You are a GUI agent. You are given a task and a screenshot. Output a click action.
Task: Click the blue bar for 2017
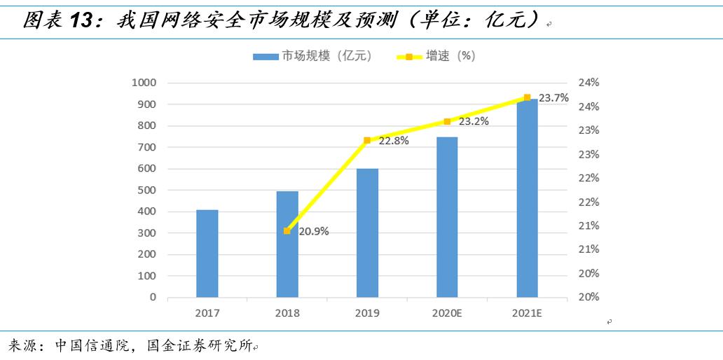pyautogui.click(x=207, y=254)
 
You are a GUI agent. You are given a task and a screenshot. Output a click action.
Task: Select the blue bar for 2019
pyautogui.click(x=367, y=233)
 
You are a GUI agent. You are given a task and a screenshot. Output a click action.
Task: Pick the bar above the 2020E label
pyautogui.click(x=447, y=217)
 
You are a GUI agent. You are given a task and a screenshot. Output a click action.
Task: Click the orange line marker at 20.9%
pyautogui.click(x=287, y=230)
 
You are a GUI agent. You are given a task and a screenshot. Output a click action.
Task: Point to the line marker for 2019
pyautogui.click(x=367, y=140)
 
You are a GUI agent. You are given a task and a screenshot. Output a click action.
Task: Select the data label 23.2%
pyautogui.click(x=474, y=121)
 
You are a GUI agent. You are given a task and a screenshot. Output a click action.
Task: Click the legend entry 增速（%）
pyautogui.click(x=450, y=56)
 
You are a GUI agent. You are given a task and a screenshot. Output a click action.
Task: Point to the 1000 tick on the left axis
pyautogui.click(x=144, y=83)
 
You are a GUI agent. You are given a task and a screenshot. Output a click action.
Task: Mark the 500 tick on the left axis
pyautogui.click(x=146, y=190)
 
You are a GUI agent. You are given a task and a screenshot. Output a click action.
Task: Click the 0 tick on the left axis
pyautogui.click(x=153, y=297)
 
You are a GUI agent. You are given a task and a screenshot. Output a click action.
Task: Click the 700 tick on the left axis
pyautogui.click(x=146, y=147)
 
